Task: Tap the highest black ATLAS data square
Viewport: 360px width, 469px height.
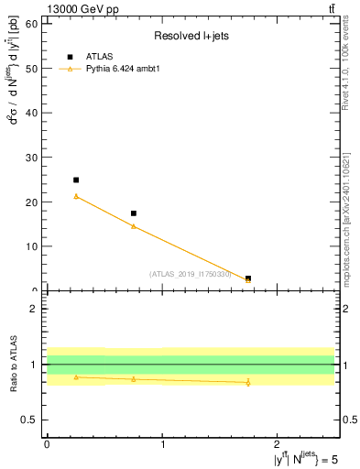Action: tap(76, 180)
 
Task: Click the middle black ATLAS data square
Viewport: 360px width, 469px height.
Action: tap(134, 213)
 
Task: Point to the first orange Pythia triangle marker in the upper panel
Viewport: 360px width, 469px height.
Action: tap(76, 196)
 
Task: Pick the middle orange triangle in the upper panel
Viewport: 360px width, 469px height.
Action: tap(134, 225)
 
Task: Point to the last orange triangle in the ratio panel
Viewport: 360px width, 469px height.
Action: tap(248, 382)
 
